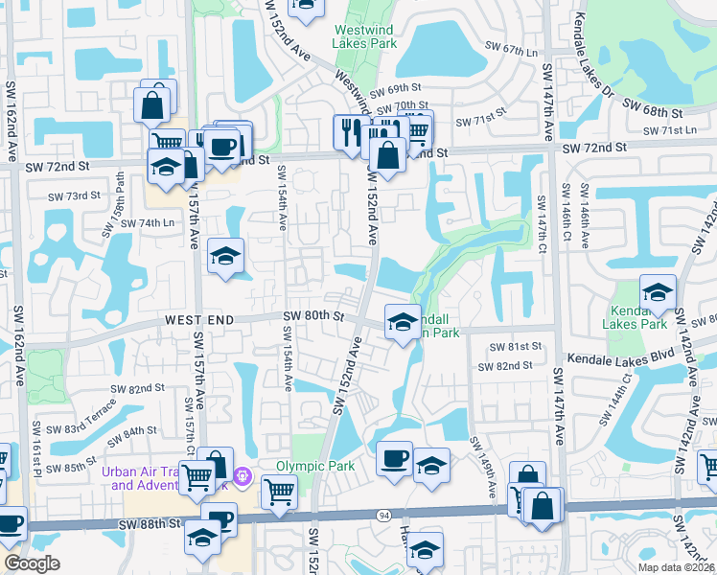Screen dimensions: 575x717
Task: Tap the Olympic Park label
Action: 315,467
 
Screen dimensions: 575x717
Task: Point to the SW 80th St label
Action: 313,315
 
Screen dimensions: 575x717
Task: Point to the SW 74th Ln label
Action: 134,222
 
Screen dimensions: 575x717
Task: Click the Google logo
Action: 33,563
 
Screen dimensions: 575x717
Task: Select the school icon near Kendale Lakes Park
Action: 658,291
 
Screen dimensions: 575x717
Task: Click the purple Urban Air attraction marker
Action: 243,473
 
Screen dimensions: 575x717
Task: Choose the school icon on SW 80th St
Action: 403,321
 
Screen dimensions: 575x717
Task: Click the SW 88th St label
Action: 150,523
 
